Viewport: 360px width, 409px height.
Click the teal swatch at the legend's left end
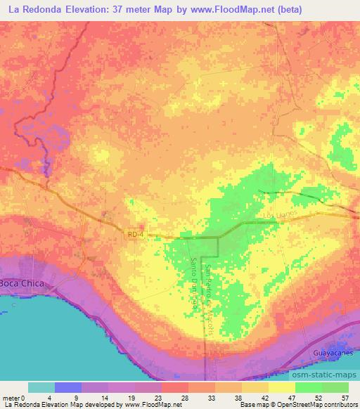coord(41,387)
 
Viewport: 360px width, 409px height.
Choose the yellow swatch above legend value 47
coord(282,387)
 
